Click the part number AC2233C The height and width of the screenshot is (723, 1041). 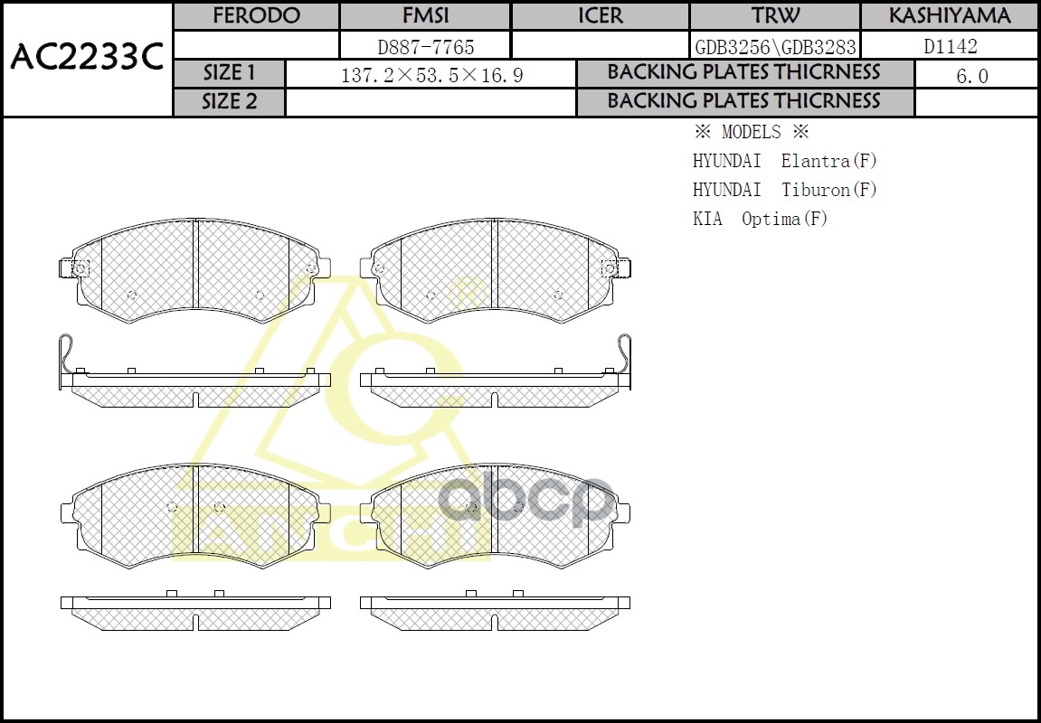point(86,59)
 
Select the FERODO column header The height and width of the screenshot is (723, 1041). point(256,16)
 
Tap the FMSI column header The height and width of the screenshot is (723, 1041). point(425,16)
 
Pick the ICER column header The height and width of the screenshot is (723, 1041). point(601,16)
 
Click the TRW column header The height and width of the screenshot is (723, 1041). point(775,16)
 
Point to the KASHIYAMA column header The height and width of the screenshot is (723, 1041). point(949,16)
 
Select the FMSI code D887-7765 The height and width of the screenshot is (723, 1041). point(425,46)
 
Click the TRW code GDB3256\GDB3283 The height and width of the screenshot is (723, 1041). point(775,46)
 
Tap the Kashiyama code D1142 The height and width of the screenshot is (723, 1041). point(950,46)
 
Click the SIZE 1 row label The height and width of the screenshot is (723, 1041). point(229,73)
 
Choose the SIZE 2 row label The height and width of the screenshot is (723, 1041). point(229,102)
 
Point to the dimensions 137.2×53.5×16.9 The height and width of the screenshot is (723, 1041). point(431,75)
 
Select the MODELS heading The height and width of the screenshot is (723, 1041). point(751,132)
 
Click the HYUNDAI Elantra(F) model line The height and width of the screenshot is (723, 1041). point(784,161)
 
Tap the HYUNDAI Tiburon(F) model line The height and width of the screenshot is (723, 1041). point(784,190)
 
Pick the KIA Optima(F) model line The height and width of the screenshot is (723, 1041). point(760,219)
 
